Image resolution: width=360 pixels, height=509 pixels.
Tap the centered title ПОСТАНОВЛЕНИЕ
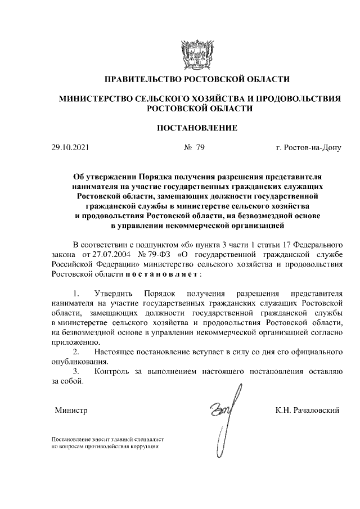point(196,128)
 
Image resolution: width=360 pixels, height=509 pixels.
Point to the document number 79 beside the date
point(200,148)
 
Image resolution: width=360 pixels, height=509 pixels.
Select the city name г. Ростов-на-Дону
point(308,148)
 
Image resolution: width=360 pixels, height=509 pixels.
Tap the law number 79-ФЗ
point(155,254)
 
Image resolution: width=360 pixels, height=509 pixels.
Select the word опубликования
point(78,362)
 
